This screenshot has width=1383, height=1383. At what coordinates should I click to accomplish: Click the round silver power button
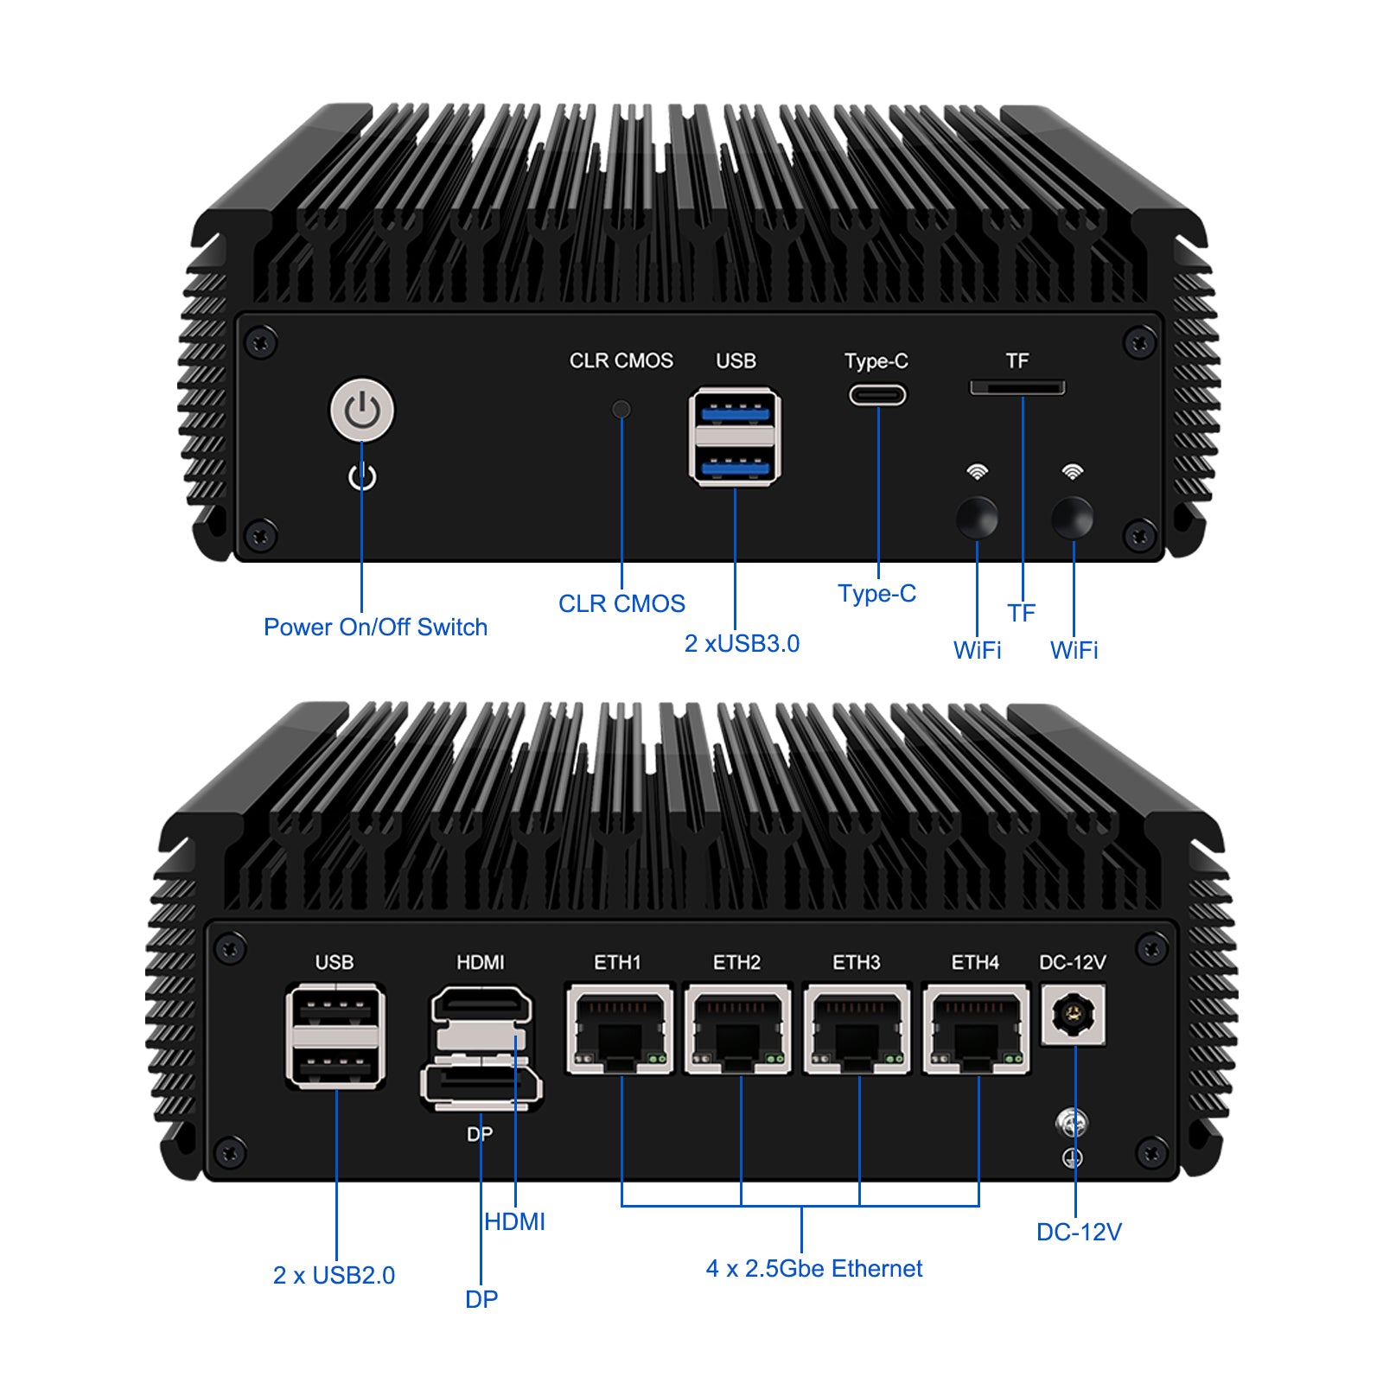(362, 410)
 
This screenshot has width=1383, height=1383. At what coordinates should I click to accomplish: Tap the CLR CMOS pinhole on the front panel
(621, 409)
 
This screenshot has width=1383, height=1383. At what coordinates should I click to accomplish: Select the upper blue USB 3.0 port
(735, 413)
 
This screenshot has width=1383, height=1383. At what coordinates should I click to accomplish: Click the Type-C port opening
(877, 395)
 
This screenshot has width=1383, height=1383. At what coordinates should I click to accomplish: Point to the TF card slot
(1017, 387)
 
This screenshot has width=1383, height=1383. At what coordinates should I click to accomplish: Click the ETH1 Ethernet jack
(620, 1029)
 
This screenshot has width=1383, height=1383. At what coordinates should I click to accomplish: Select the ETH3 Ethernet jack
(857, 1029)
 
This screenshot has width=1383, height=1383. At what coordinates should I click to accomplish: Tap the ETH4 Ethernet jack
(977, 1029)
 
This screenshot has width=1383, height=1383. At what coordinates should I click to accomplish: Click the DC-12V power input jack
(1074, 1015)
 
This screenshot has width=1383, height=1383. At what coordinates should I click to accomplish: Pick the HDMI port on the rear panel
(481, 1005)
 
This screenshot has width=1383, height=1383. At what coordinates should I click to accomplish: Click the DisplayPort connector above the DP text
(481, 1087)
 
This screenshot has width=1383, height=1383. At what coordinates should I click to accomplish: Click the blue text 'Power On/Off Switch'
(375, 627)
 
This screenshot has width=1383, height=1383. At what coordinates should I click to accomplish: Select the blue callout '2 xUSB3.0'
(742, 643)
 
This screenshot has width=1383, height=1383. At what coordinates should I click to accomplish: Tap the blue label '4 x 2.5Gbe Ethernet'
(813, 1268)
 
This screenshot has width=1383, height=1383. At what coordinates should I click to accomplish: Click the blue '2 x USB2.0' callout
(334, 1275)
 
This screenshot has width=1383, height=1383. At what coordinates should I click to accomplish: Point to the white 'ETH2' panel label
(736, 962)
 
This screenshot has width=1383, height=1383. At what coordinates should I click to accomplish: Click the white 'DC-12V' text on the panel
(1073, 962)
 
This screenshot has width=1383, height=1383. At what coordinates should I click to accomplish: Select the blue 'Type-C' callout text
(876, 594)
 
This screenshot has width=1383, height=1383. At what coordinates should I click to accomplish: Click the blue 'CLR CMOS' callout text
(621, 603)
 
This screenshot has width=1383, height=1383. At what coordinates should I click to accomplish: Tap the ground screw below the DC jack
(1072, 1124)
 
